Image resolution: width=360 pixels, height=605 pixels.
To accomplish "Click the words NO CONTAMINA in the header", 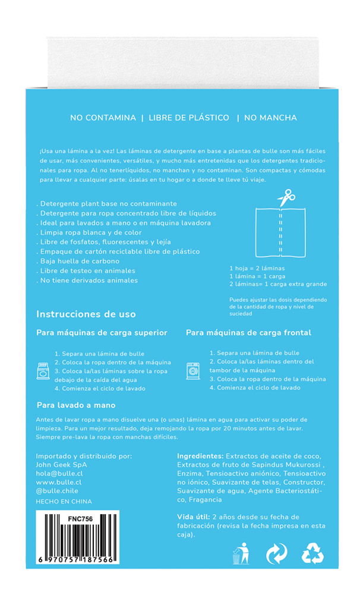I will [x=103, y=118].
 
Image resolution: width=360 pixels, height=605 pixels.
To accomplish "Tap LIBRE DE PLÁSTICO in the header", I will [x=189, y=118].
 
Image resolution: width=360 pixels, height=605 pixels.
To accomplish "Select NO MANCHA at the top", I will [x=270, y=118].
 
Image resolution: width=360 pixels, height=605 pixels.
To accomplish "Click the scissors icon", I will [x=286, y=197].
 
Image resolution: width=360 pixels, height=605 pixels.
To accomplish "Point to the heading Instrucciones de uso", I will [x=86, y=314].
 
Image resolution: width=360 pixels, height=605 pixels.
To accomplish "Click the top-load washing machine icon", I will [x=43, y=371].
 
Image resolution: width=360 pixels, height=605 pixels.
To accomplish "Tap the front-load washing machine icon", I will [x=193, y=371].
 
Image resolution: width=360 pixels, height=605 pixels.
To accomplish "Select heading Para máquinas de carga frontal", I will [x=248, y=333].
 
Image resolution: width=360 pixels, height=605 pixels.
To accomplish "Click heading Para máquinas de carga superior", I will [x=102, y=333].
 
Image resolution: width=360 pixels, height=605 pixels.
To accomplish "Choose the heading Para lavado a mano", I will [x=75, y=405].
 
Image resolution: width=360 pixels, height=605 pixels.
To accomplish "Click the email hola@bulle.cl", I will [x=59, y=474].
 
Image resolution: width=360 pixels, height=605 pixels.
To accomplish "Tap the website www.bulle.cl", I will [x=58, y=482].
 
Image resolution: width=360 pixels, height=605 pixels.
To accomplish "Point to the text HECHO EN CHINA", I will [x=64, y=502].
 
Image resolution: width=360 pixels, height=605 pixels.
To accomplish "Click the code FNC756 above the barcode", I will [x=80, y=519].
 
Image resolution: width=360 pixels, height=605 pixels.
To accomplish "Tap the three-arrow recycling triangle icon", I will [x=312, y=554].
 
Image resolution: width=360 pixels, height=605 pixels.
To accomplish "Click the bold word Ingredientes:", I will [x=200, y=456].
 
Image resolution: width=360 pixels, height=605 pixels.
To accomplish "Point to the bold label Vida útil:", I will [x=193, y=516].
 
